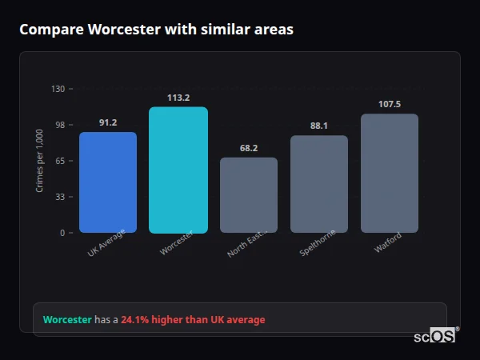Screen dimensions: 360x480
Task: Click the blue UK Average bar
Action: (x=108, y=182)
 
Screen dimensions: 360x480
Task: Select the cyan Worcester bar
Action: (x=178, y=170)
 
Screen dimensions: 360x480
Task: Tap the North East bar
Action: (x=249, y=195)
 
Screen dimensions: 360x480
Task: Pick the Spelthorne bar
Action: (x=319, y=184)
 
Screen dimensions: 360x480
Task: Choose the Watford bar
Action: (x=390, y=173)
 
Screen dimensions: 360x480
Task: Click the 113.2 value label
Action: (x=178, y=98)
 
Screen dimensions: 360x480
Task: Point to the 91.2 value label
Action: (x=108, y=122)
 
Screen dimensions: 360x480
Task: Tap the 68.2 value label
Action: (x=249, y=148)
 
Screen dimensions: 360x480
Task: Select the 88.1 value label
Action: (x=319, y=126)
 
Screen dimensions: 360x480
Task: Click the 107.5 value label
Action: (x=390, y=104)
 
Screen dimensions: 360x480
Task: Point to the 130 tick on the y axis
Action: (x=58, y=89)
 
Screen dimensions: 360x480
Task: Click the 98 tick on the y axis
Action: (x=60, y=125)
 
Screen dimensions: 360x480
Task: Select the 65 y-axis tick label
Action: (x=60, y=161)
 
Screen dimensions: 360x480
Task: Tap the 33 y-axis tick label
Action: (x=60, y=197)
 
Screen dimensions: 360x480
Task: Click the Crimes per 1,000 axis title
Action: (x=40, y=161)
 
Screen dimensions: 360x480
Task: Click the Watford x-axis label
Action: (x=387, y=242)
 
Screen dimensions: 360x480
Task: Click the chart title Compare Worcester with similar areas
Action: (x=156, y=30)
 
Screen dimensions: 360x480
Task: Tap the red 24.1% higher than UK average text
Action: (x=193, y=320)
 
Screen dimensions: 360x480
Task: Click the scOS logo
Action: (x=435, y=336)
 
